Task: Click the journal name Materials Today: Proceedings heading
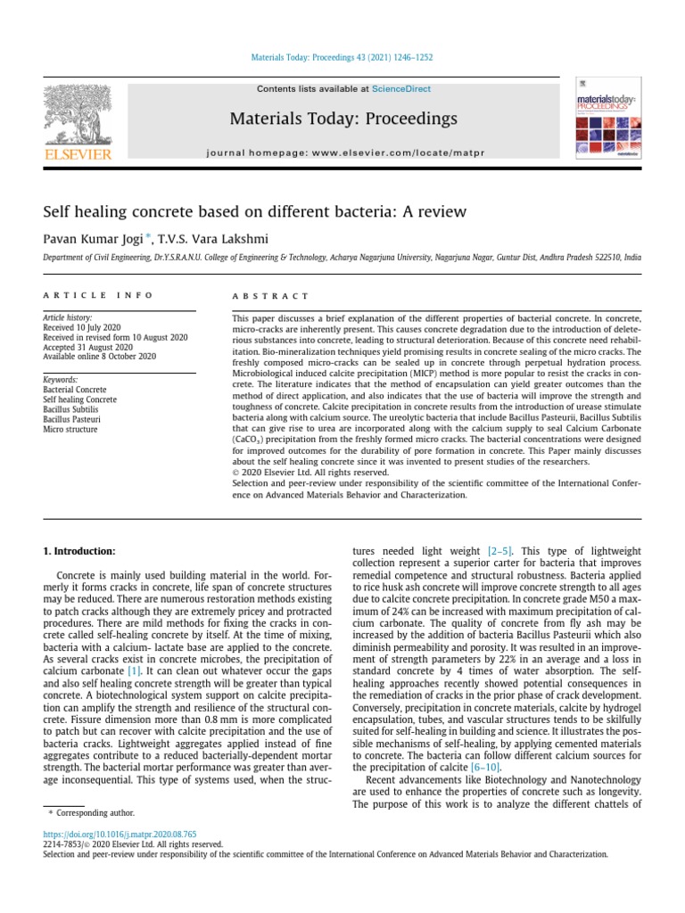[342, 119]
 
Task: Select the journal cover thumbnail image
[607, 120]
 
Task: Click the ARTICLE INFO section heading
[98, 295]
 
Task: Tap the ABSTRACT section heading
[270, 295]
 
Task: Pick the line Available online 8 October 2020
[99, 356]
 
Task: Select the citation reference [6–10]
[483, 767]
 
